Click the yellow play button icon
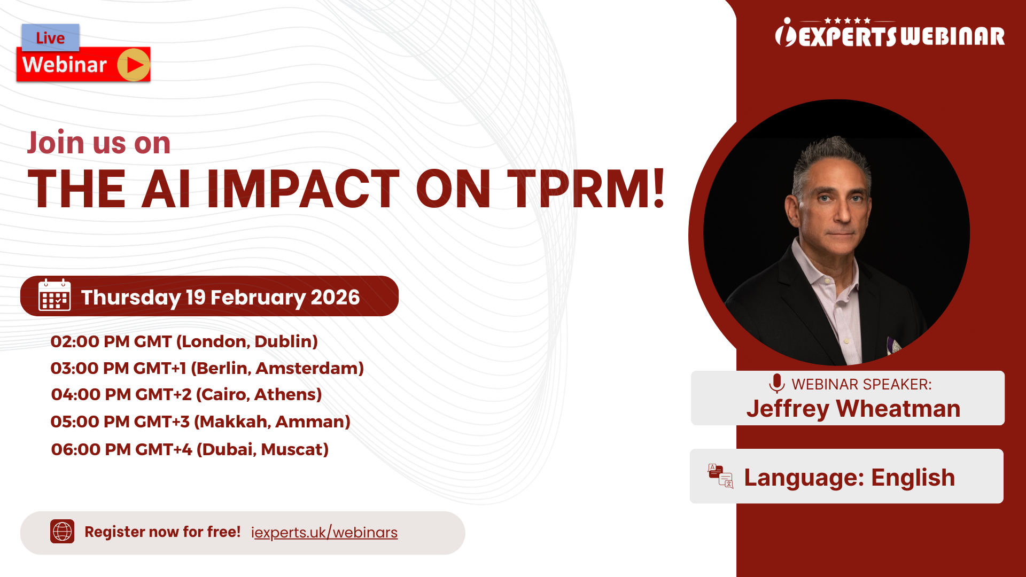pos(134,65)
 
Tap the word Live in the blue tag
pos(50,38)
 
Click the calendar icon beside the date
pos(55,295)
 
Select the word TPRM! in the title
pos(586,189)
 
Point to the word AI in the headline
pos(166,189)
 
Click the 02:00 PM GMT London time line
pos(184,341)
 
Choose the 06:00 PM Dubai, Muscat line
pos(189,449)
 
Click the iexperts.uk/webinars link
pos(324,532)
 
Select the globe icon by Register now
pos(62,532)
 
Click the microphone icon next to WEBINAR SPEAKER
pos(776,384)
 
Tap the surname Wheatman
pos(898,409)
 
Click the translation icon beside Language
pos(720,476)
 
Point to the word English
pos(913,477)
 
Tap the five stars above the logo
pos(848,20)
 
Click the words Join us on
pos(99,143)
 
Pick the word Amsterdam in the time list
pos(310,368)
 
